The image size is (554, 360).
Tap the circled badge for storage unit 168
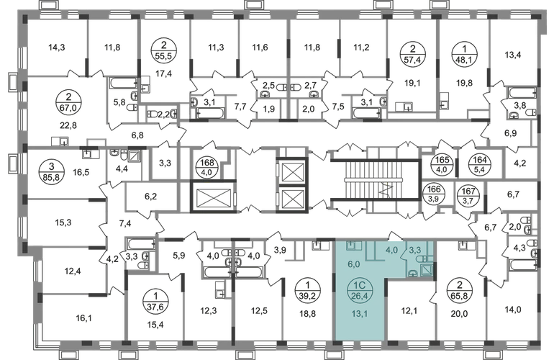pyautogui.click(x=207, y=166)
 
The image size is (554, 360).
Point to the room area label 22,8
pyautogui.click(x=68, y=125)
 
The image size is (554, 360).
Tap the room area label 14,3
pyautogui.click(x=57, y=47)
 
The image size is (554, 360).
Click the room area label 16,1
pyautogui.click(x=83, y=318)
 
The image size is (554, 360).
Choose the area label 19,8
pyautogui.click(x=464, y=84)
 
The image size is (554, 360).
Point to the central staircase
pyautogui.click(x=376, y=179)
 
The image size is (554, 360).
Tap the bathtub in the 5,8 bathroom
pyautogui.click(x=123, y=84)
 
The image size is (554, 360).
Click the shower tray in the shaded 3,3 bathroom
pyautogui.click(x=427, y=270)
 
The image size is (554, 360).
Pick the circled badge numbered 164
pyautogui.click(x=479, y=164)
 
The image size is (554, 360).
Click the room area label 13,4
pyautogui.click(x=513, y=55)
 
